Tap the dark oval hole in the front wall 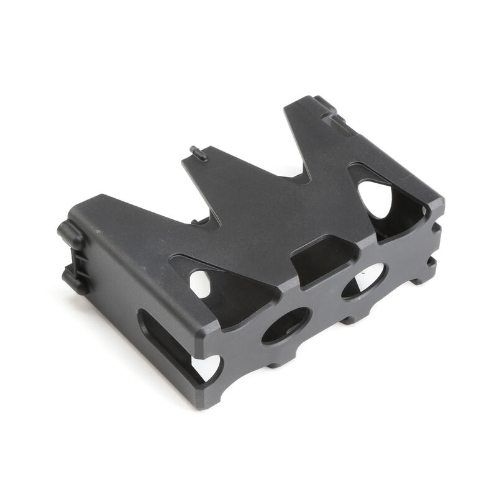[286, 325]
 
